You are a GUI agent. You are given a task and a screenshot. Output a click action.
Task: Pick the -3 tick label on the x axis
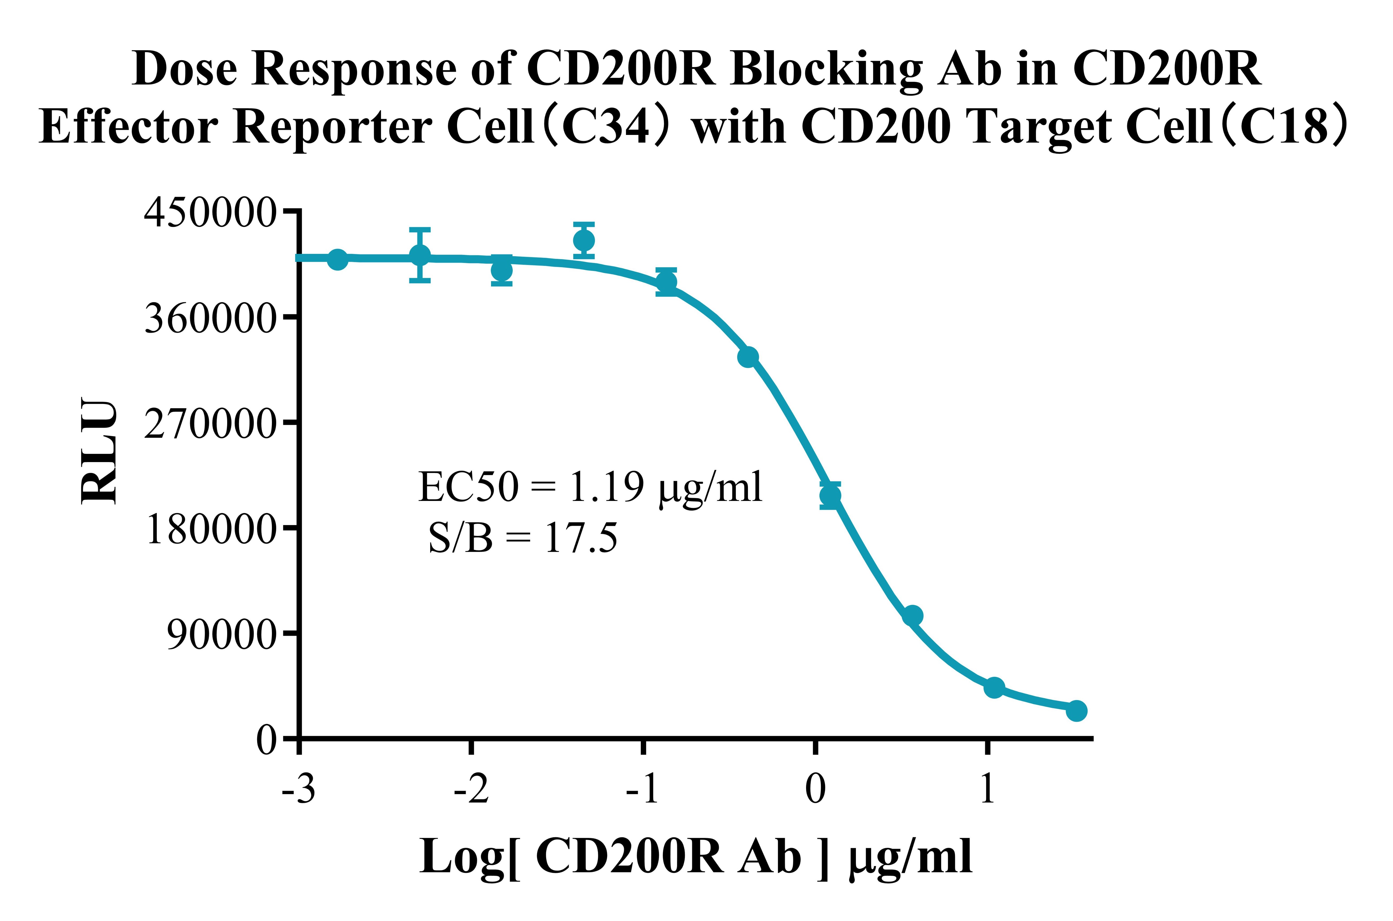tap(299, 789)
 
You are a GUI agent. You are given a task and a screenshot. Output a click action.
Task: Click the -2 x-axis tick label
tap(471, 789)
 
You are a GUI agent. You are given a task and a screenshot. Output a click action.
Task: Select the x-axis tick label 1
tap(987, 789)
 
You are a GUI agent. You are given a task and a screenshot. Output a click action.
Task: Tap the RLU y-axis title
tap(99, 451)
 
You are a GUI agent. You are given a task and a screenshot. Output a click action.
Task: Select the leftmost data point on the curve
tap(337, 259)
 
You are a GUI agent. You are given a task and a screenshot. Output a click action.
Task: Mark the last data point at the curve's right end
tap(1076, 711)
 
